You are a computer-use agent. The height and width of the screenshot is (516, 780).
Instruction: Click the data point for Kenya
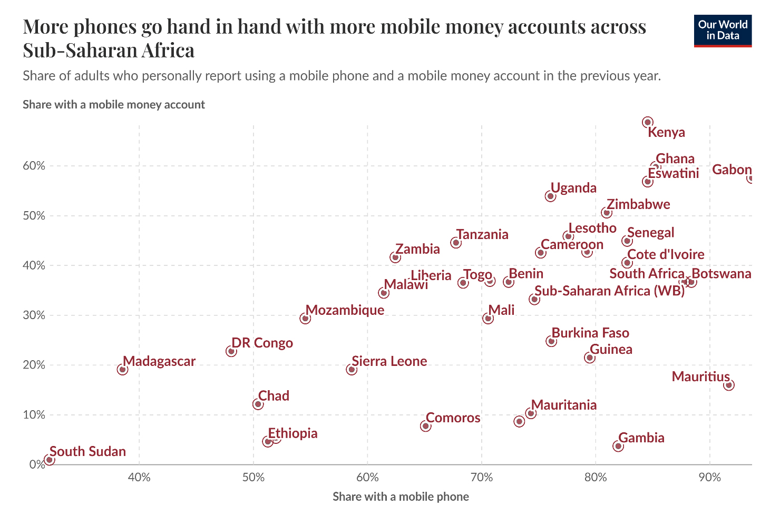click(x=648, y=122)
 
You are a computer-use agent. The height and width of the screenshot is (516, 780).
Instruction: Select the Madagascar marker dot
click(x=122, y=370)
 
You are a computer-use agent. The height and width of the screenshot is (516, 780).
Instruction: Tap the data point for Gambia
click(x=618, y=446)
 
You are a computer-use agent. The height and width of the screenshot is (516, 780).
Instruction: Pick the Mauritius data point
click(x=729, y=385)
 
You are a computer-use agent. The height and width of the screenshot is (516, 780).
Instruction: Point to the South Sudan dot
click(x=50, y=460)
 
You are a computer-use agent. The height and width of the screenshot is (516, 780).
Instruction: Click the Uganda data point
click(x=550, y=196)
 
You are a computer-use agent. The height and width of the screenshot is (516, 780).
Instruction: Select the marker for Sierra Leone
click(x=352, y=370)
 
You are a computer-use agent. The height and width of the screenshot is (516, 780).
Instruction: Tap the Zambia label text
click(x=417, y=249)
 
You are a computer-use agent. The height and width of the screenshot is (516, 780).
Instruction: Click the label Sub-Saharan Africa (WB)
click(x=609, y=291)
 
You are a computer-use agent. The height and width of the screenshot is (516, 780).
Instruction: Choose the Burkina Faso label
click(x=590, y=333)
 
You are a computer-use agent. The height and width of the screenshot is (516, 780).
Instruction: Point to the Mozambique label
click(x=345, y=310)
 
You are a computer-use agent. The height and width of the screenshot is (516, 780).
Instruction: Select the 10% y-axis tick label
click(x=34, y=415)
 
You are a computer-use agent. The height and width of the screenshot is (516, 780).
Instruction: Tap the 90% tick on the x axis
click(x=710, y=478)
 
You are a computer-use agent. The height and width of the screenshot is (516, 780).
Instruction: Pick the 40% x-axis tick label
click(x=139, y=478)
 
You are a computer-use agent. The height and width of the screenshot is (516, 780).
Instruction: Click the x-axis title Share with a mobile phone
click(x=401, y=497)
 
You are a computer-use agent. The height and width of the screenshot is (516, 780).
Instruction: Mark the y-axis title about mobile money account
click(x=114, y=104)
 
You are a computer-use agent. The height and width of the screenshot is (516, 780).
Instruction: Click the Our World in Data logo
click(x=723, y=31)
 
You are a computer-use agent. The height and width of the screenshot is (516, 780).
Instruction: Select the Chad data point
click(x=258, y=404)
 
